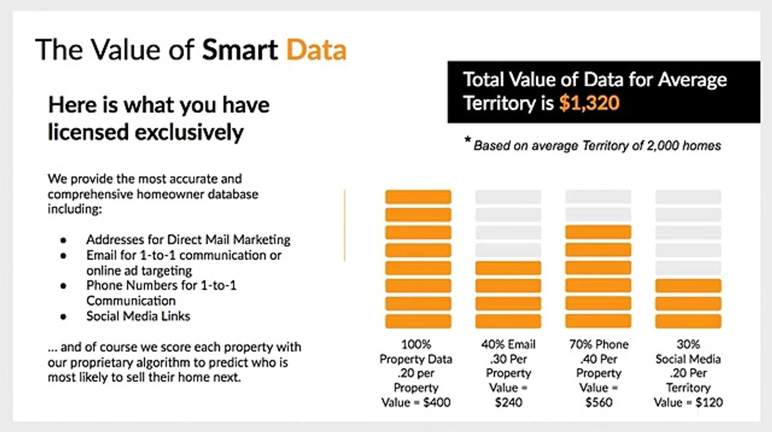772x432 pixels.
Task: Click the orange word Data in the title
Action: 316,49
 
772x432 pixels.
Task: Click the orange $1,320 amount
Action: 588,103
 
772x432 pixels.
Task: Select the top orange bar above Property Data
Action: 418,197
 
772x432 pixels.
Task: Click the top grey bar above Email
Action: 508,197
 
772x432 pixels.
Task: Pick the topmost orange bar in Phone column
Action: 598,232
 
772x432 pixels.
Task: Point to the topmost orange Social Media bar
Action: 688,286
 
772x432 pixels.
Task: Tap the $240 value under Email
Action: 508,402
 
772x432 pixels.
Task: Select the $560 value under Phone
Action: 598,402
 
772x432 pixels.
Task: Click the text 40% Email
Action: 508,345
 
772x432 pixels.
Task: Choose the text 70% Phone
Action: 598,345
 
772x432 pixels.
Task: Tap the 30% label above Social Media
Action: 688,345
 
